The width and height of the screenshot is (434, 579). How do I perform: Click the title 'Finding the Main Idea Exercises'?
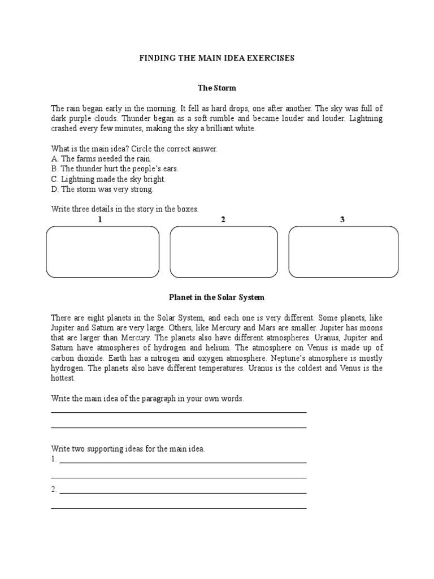point(217,58)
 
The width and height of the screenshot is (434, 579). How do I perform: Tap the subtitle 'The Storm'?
point(217,88)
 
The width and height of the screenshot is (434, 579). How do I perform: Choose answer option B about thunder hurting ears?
point(115,169)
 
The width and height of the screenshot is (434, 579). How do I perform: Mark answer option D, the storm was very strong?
point(102,189)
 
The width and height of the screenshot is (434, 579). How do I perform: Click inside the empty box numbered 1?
point(102,252)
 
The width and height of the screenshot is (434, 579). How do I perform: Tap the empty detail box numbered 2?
point(224,252)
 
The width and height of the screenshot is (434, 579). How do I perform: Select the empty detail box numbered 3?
point(343,252)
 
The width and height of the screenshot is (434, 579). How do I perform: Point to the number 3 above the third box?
point(342,220)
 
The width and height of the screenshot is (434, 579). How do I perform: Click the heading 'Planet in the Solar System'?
point(217,297)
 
